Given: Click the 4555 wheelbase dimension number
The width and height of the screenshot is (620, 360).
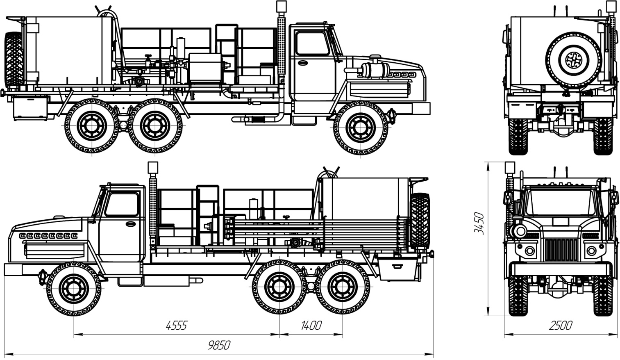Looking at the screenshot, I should click(176, 326).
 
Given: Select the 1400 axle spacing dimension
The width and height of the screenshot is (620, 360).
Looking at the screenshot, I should click(311, 326).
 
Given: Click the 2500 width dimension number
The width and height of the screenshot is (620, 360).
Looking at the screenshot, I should click(561, 326).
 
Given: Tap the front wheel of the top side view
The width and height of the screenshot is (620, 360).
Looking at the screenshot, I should click(361, 128).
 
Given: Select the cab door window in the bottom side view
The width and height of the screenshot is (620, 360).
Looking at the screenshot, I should click(121, 205).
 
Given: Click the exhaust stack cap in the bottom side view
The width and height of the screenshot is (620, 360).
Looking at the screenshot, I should click(153, 167).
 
